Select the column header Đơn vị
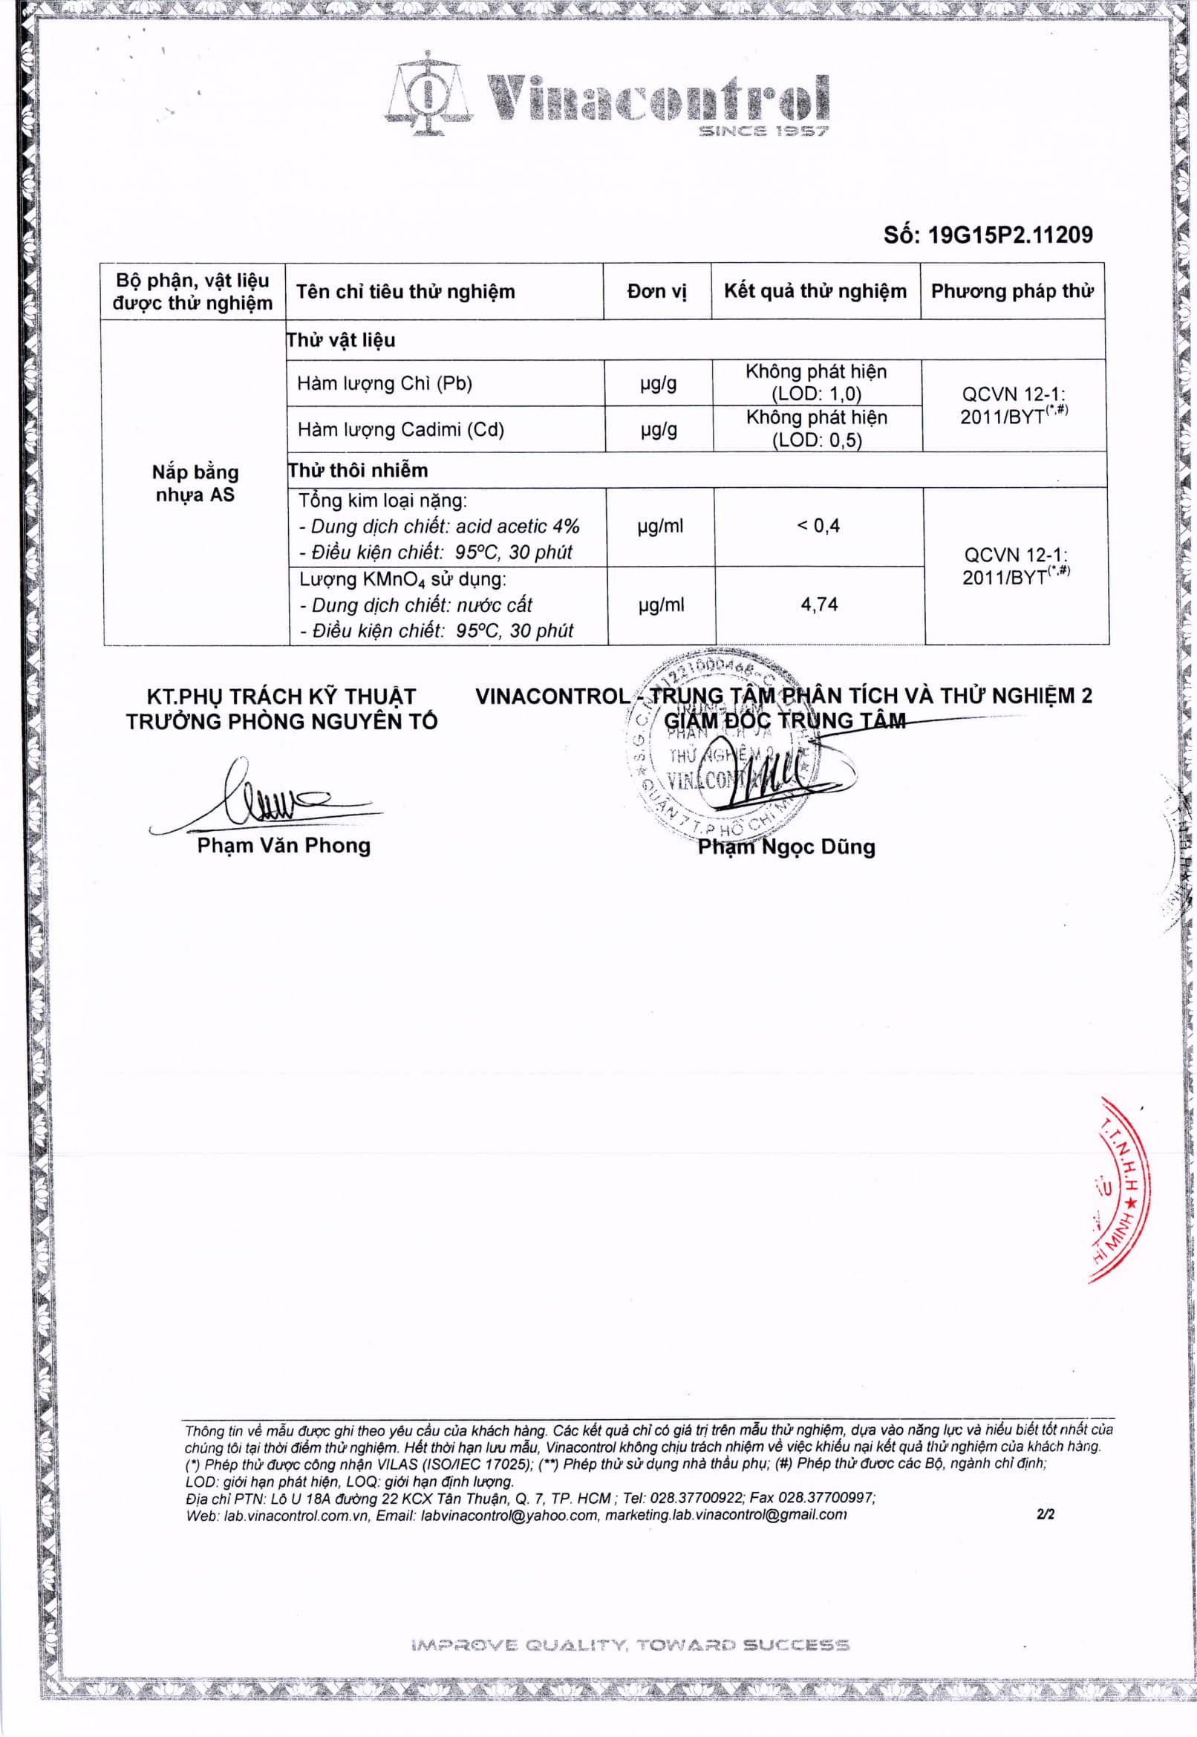pyautogui.click(x=657, y=291)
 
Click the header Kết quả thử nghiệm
pyautogui.click(x=815, y=291)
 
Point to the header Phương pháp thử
pyautogui.click(x=1012, y=291)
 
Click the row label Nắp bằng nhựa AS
pyautogui.click(x=195, y=483)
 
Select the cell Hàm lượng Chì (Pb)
pyautogui.click(x=385, y=383)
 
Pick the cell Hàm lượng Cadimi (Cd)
pyautogui.click(x=400, y=429)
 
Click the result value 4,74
pyautogui.click(x=819, y=604)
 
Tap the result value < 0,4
pyautogui.click(x=818, y=526)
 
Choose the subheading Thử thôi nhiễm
pyautogui.click(x=359, y=470)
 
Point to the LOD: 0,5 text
pyautogui.click(x=817, y=440)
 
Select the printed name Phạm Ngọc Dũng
pyautogui.click(x=786, y=847)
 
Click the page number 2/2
pyautogui.click(x=1045, y=1514)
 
